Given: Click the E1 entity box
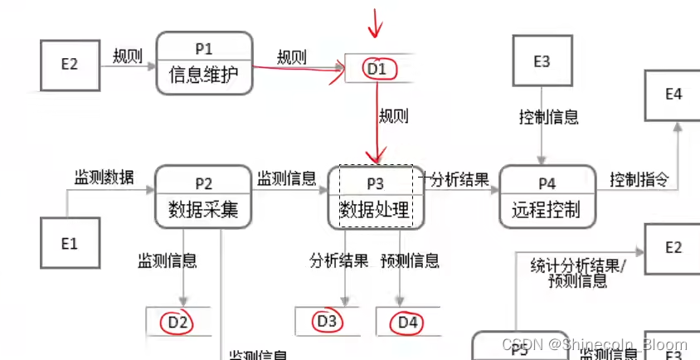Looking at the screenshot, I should coord(70,243).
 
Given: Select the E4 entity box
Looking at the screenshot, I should coord(673,95).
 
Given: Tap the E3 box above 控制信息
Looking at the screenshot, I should coord(542,61).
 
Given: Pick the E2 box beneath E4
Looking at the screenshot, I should coord(673,248).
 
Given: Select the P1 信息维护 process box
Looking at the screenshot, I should coord(203,62).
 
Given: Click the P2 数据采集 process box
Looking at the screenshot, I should coord(203,197).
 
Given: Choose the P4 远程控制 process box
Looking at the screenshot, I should coord(547,197).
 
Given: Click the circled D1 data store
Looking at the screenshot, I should coord(377,69).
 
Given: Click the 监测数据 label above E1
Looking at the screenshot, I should coord(104,178).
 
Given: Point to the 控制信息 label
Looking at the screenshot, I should coord(548,117).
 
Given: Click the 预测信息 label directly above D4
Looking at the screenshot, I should coord(410,261).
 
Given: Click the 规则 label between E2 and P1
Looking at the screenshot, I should coord(128,56).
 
